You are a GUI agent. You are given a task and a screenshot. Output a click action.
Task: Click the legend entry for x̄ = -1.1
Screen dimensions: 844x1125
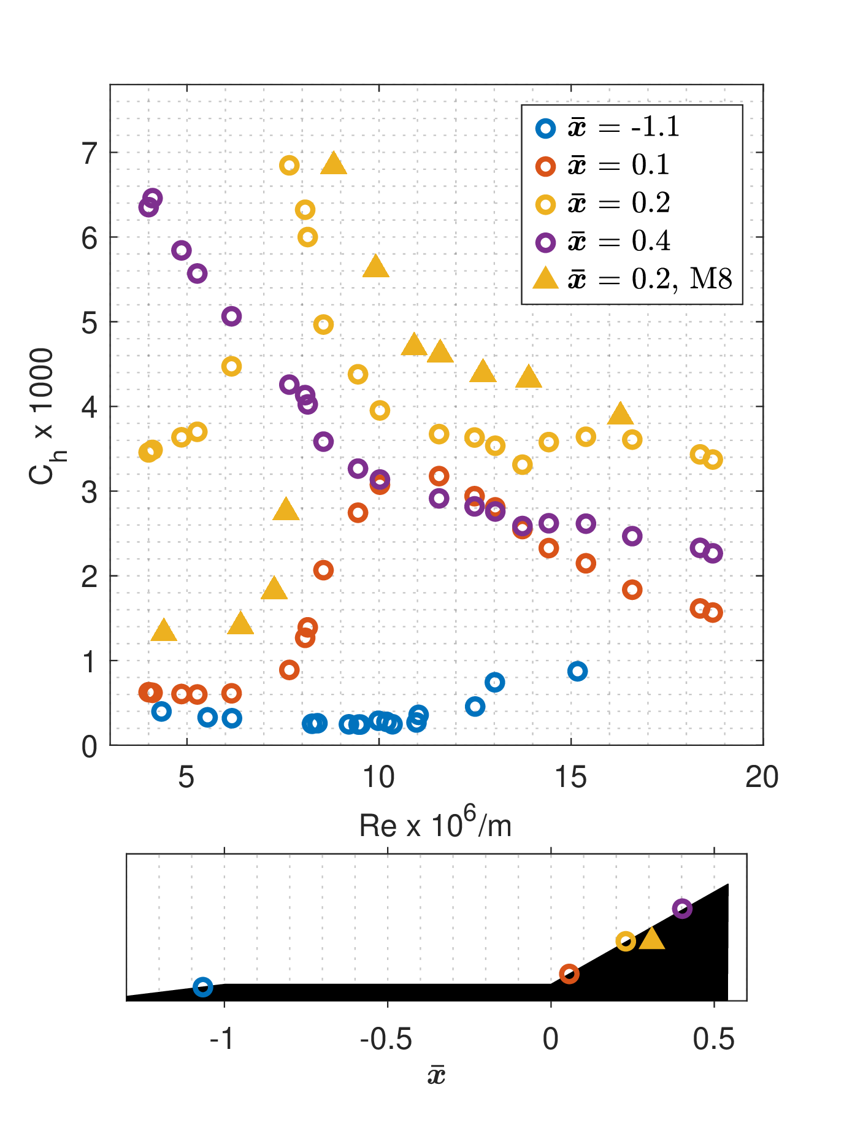(607, 128)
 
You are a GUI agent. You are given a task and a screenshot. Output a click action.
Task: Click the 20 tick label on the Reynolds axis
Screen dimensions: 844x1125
(762, 777)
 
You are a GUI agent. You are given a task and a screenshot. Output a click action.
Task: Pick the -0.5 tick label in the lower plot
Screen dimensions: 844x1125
(386, 1039)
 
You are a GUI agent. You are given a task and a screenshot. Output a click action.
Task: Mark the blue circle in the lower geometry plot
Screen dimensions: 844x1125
(203, 987)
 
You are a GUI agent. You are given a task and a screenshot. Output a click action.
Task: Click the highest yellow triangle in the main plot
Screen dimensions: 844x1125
(334, 163)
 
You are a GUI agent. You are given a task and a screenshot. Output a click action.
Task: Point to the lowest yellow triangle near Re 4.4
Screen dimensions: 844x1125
(164, 631)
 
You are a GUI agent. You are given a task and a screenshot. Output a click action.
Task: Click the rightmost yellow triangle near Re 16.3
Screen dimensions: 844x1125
(621, 414)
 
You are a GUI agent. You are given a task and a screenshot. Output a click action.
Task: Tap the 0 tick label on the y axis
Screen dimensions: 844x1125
(90, 747)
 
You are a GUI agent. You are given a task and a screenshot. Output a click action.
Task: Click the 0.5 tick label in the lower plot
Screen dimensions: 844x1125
(714, 1039)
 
